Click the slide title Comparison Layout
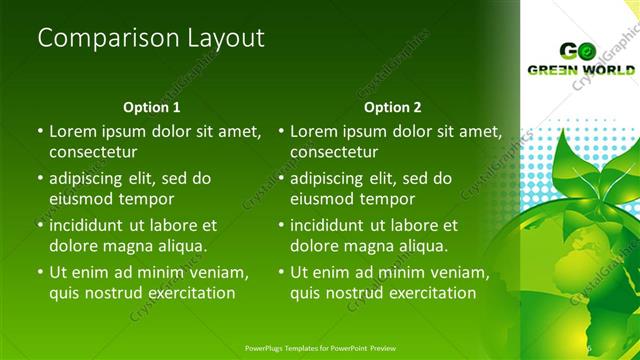pyautogui.click(x=151, y=38)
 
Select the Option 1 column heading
pyautogui.click(x=152, y=107)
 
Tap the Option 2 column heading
pyautogui.click(x=393, y=107)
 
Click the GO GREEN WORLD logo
pyautogui.click(x=581, y=59)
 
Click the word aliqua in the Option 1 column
pyautogui.click(x=181, y=246)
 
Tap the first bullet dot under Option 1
pyautogui.click(x=40, y=131)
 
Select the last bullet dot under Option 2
pyautogui.click(x=281, y=272)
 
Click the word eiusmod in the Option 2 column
pyautogui.click(x=323, y=199)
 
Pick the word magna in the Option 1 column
pyautogui.click(x=128, y=246)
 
